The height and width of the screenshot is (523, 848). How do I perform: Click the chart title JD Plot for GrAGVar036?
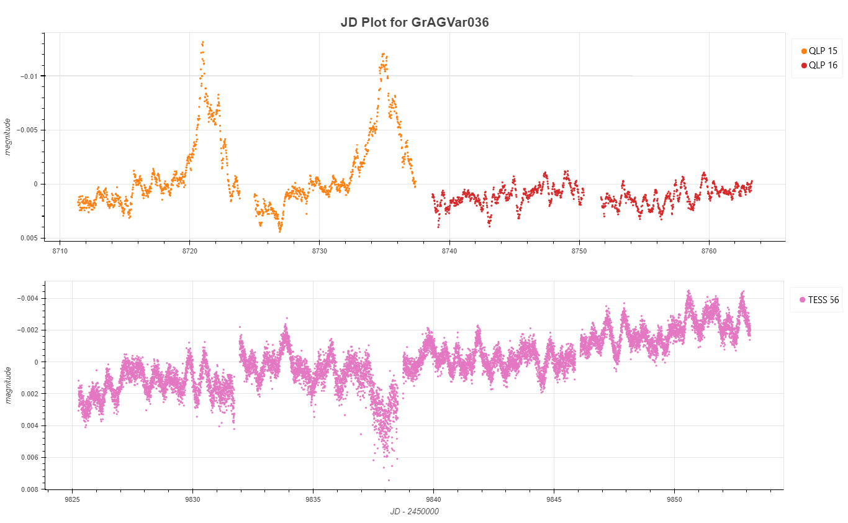[x=415, y=22]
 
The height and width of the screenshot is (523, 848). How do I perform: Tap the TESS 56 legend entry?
[x=819, y=300]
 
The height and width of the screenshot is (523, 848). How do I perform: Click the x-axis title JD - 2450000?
[x=414, y=511]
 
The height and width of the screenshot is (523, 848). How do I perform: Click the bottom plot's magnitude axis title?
[x=8, y=384]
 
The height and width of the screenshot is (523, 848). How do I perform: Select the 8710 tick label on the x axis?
[x=60, y=251]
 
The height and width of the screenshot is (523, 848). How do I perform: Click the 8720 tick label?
[x=189, y=251]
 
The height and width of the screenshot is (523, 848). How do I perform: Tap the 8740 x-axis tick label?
[x=449, y=251]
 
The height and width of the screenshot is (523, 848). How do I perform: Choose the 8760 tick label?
[x=708, y=251]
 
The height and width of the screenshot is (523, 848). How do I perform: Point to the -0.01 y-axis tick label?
[x=29, y=76]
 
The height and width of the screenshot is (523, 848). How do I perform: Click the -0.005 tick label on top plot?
[x=27, y=130]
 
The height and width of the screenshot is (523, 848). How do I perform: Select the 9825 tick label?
[x=72, y=499]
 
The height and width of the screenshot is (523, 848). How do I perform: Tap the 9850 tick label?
[x=674, y=499]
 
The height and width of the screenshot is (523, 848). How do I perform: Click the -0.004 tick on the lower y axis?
[x=29, y=298]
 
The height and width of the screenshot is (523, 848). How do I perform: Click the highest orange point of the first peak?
[x=203, y=42]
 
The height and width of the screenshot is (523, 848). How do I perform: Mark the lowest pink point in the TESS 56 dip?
[x=389, y=480]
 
